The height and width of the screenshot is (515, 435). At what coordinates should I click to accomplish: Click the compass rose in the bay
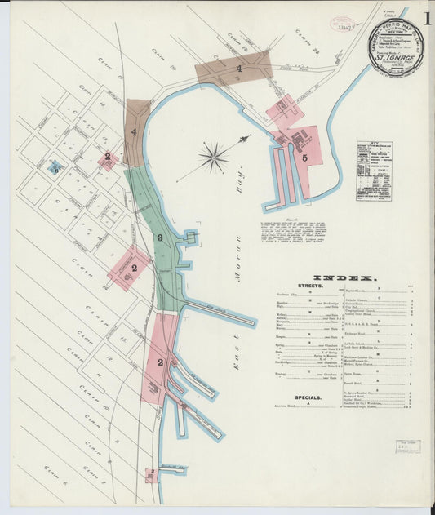[x=214, y=157]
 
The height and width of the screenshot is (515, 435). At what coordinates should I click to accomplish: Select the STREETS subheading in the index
[x=310, y=286]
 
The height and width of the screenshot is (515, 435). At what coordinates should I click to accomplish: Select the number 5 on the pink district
[x=304, y=158]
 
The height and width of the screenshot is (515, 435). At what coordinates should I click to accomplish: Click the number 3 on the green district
[x=161, y=238]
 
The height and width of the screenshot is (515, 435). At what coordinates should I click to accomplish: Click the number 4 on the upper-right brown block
[x=238, y=69]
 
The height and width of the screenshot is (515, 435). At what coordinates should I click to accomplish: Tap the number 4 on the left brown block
[x=134, y=131]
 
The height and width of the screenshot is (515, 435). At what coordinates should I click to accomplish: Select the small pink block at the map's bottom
[x=150, y=474]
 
